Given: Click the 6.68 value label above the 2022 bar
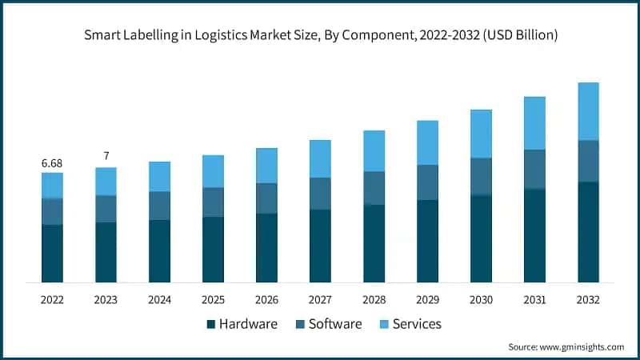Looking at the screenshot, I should click(x=52, y=163).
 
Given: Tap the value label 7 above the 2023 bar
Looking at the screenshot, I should click(x=106, y=156).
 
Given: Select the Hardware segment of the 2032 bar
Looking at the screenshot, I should click(x=588, y=232).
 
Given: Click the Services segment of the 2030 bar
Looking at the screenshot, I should click(x=481, y=134).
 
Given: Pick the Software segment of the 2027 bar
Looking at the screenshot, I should click(x=320, y=194).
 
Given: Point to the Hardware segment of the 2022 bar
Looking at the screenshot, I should click(x=52, y=254).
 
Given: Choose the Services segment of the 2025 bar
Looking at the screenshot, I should click(x=213, y=171).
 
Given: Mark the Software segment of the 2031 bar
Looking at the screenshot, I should click(x=534, y=169).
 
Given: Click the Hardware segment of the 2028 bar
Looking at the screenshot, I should click(x=374, y=243).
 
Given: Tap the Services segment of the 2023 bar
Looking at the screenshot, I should click(x=106, y=182).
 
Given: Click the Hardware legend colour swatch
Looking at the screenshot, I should click(x=211, y=324).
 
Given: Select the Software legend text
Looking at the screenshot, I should click(x=335, y=324).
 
